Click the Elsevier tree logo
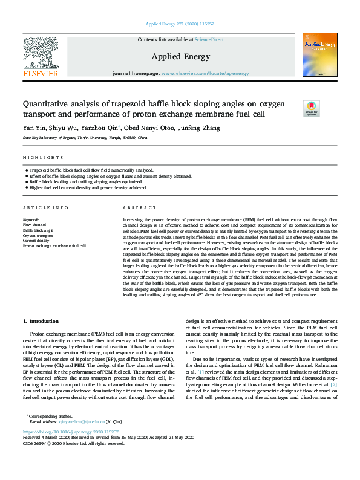41,53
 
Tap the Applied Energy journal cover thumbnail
320,54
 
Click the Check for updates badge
327,108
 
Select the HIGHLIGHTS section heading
38,158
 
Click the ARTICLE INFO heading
45,207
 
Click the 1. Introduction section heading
41,321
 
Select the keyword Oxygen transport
39,236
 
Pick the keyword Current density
37,241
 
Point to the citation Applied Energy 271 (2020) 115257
180,24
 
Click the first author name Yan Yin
34,128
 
